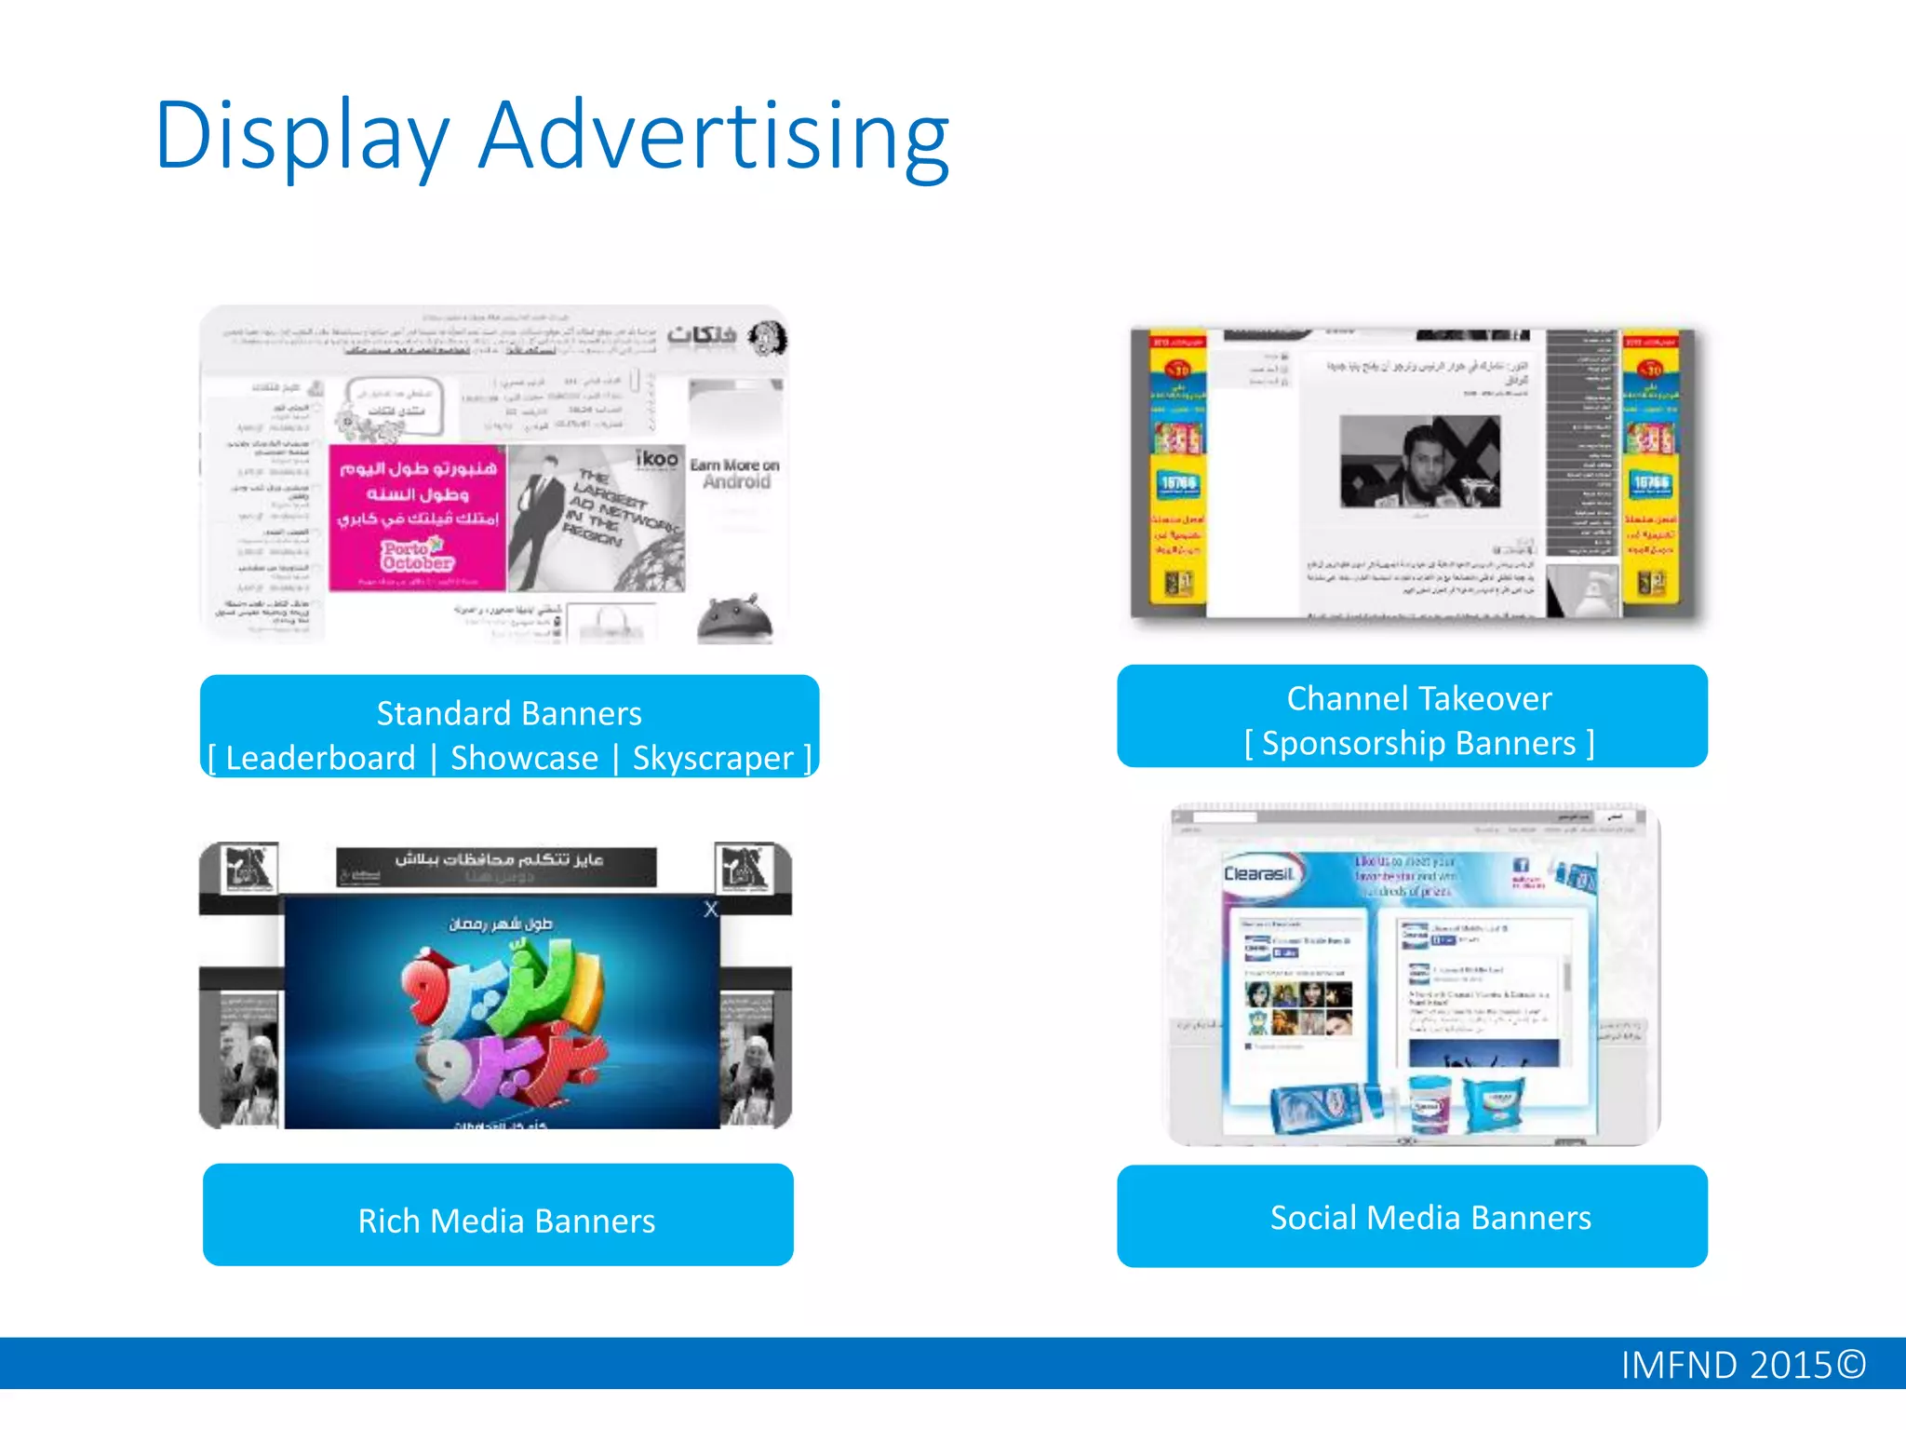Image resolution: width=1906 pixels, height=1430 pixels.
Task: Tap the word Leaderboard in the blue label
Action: pyautogui.click(x=320, y=758)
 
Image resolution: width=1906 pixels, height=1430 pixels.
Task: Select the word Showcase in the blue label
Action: pyautogui.click(x=524, y=758)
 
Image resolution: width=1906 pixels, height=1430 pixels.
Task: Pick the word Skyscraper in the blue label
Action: pyautogui.click(x=713, y=758)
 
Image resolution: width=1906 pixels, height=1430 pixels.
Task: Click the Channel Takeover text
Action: pyautogui.click(x=1418, y=698)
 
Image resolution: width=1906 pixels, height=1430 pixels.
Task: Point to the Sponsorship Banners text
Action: pyautogui.click(x=1418, y=743)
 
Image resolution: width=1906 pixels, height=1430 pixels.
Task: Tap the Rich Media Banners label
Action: pyautogui.click(x=506, y=1221)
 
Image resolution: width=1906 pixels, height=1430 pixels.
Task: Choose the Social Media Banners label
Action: pyautogui.click(x=1430, y=1218)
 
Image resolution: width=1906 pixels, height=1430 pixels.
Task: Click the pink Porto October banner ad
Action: pyautogui.click(x=417, y=518)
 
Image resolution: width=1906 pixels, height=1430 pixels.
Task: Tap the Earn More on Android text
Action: pyautogui.click(x=735, y=473)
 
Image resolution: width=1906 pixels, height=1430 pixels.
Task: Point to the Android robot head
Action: pyautogui.click(x=735, y=618)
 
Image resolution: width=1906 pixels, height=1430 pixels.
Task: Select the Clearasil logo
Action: pyautogui.click(x=1258, y=874)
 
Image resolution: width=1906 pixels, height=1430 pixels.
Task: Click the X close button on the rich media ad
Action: pyautogui.click(x=711, y=910)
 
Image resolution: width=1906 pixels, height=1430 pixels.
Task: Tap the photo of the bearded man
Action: pyautogui.click(x=1419, y=462)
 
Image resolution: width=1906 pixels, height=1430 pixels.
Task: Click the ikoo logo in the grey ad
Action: pyautogui.click(x=656, y=458)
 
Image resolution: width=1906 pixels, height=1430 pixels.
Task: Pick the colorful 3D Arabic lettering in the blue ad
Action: pyautogui.click(x=503, y=1015)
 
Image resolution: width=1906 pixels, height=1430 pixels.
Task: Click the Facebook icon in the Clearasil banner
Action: pyautogui.click(x=1521, y=865)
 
